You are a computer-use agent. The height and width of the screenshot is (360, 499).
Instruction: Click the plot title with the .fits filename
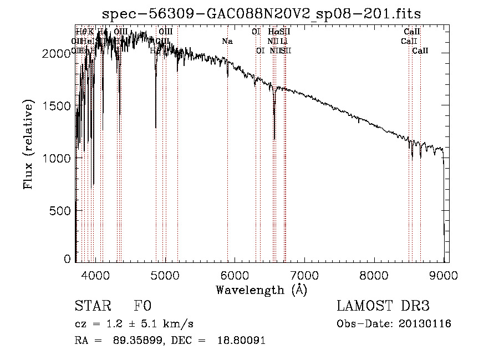coord(262,13)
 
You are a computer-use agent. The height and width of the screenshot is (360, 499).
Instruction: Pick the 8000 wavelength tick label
coord(374,273)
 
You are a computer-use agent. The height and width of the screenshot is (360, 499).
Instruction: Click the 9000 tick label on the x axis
coord(444,273)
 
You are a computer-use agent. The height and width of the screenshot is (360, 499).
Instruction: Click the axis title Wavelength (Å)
coord(261,290)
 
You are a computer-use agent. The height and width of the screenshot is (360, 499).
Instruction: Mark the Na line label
coord(227,41)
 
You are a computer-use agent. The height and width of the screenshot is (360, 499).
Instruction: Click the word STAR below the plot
coord(92,306)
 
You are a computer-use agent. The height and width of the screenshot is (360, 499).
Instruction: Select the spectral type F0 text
coord(142,306)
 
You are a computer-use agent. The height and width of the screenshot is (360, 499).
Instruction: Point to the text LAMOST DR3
coord(383,306)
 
